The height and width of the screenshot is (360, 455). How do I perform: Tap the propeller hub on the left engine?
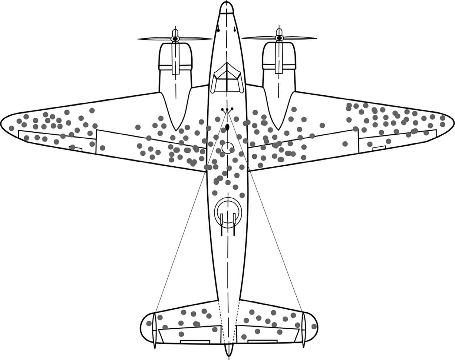176,38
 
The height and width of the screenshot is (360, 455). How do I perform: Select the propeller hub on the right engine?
279,38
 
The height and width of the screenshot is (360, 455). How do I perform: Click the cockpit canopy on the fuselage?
227,77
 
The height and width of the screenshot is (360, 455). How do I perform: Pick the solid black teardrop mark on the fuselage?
227,128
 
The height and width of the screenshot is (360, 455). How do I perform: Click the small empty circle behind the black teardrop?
227,148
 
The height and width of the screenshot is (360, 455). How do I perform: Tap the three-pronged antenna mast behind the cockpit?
227,110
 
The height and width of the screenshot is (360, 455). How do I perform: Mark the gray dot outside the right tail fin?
314,327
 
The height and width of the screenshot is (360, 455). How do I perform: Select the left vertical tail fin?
155,330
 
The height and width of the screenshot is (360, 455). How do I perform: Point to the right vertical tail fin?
303,330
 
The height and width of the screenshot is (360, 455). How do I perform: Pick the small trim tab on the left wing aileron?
76,148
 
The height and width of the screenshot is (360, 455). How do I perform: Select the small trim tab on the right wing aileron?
379,148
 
